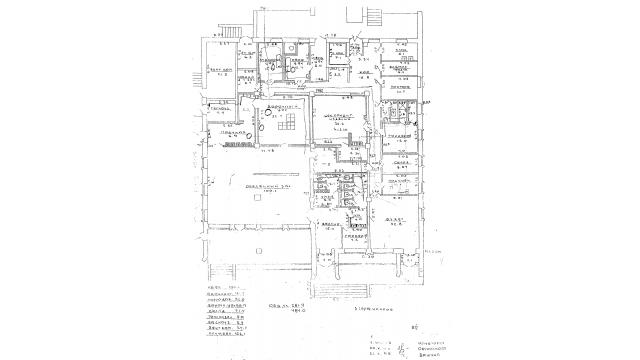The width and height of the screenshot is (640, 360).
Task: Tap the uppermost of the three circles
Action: (x=265, y=113)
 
